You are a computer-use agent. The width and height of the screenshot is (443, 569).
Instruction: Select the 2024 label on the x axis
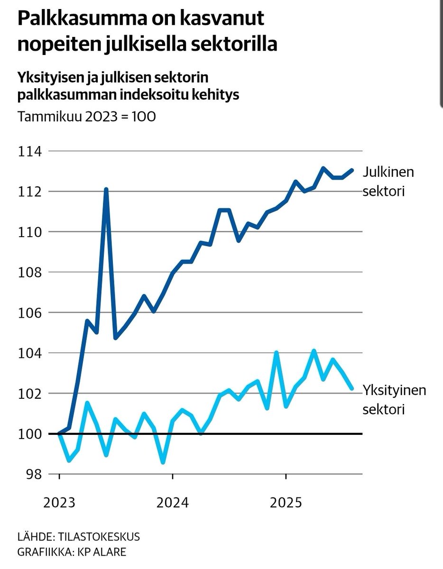(173, 502)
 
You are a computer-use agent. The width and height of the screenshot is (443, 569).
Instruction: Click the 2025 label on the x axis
(286, 502)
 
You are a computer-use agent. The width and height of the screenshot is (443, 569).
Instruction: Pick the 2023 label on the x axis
(59, 502)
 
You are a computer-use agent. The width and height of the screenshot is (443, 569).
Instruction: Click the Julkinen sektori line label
(388, 182)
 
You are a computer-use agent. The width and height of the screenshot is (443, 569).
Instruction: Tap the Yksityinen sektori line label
(394, 399)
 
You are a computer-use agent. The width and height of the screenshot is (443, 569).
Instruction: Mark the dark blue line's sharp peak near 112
(106, 189)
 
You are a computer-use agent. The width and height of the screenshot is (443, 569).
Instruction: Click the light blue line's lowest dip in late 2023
(163, 462)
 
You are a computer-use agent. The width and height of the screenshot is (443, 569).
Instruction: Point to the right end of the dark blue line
(352, 170)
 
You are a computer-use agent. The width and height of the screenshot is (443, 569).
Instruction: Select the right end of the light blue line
(352, 389)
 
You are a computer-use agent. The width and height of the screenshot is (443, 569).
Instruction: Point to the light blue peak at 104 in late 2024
(276, 353)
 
